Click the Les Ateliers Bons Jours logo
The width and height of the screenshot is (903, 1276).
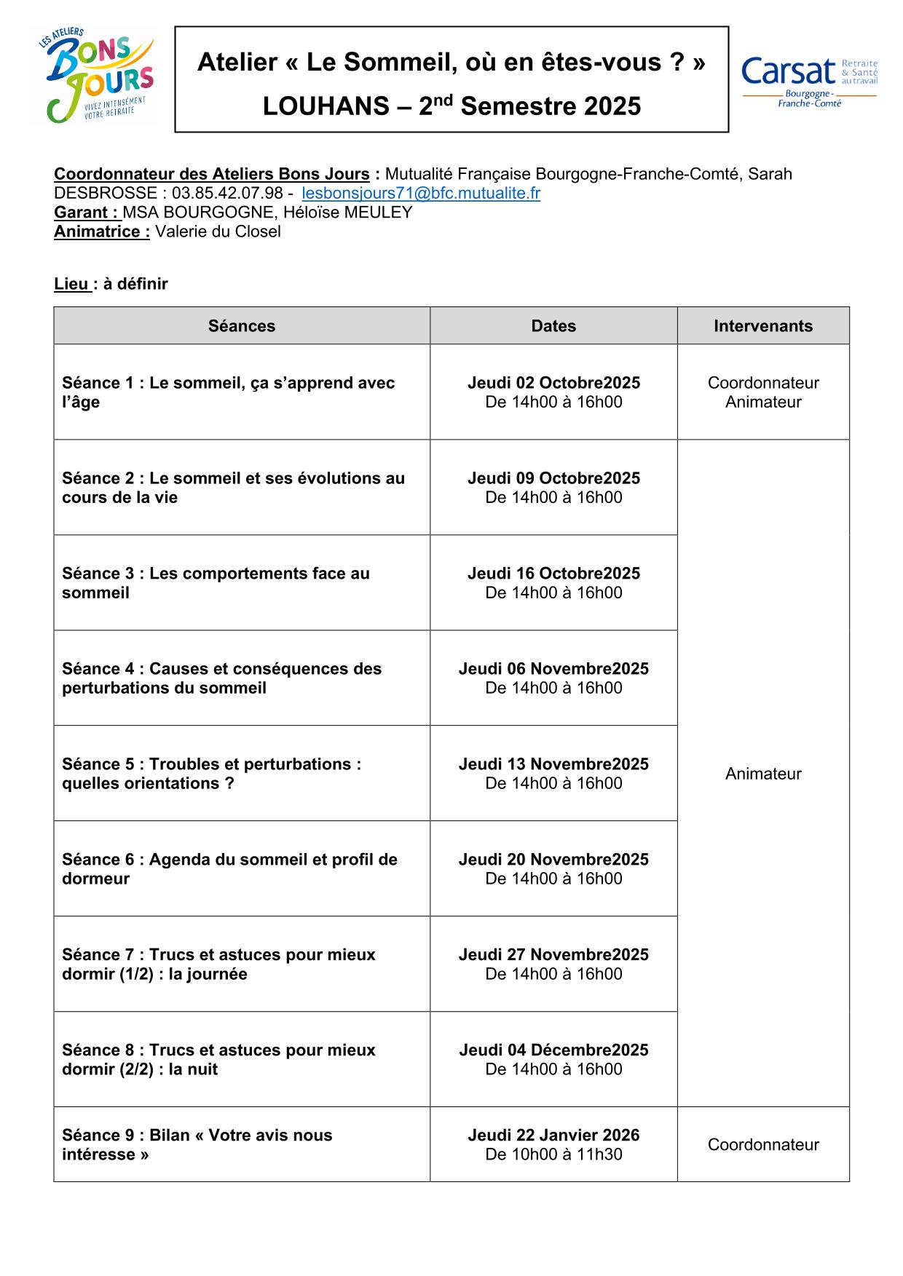click(95, 76)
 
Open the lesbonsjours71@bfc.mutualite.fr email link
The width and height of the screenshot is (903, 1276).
click(421, 193)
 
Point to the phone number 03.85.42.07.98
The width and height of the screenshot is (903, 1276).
click(227, 193)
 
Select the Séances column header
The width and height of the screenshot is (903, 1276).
click(242, 326)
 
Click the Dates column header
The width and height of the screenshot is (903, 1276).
click(553, 326)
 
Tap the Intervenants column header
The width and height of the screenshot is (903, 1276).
click(763, 326)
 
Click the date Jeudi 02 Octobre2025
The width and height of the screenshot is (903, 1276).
click(553, 383)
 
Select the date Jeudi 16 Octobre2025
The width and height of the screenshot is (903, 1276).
click(553, 574)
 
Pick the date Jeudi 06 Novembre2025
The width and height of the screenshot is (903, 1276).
click(553, 669)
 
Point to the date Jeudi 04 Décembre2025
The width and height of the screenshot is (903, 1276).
click(553, 1050)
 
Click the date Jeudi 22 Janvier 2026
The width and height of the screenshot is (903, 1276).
click(553, 1135)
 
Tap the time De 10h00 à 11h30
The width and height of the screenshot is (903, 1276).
click(553, 1154)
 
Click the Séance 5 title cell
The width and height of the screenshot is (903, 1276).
click(211, 774)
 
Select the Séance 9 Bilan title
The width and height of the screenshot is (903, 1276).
click(197, 1144)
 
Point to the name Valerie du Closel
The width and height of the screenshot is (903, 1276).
click(218, 231)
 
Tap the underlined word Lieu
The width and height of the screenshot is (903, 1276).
click(71, 284)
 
